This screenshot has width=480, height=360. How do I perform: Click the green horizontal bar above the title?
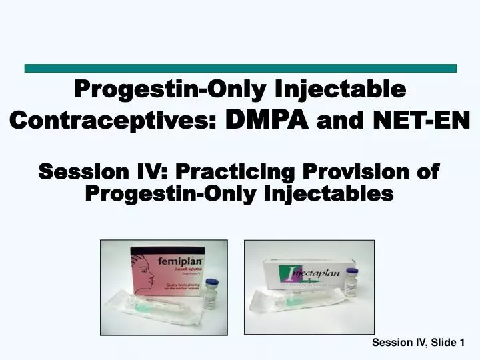click(240, 68)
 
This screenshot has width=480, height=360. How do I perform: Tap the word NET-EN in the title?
click(431, 120)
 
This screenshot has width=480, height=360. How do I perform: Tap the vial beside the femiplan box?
click(211, 294)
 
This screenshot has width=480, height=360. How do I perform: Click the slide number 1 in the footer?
click(462, 343)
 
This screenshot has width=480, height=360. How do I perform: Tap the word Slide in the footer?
click(443, 343)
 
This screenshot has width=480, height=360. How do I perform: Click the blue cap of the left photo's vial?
click(211, 283)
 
